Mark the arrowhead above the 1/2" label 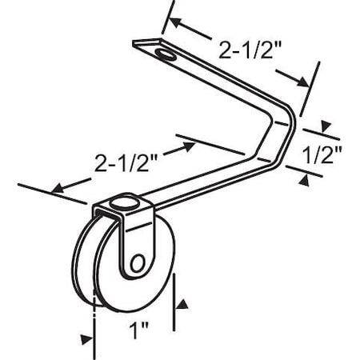point(325,126)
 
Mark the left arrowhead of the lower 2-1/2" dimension point(55,190)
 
